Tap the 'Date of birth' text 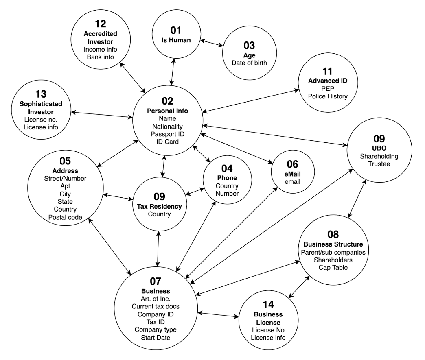tap(249, 63)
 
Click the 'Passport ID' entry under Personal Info tap(168, 134)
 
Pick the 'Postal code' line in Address tap(65, 217)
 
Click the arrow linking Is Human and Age tap(213, 44)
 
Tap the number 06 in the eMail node tap(292, 164)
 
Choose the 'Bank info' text tap(100, 57)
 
